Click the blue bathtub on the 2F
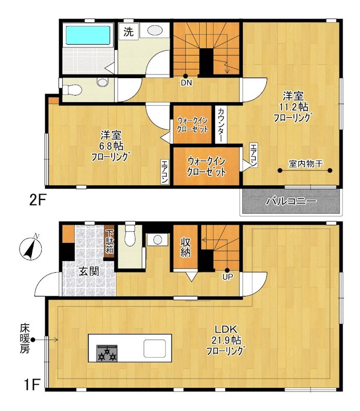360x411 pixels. (x=88, y=35)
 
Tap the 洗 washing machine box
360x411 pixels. (x=128, y=31)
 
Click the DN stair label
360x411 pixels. (x=186, y=83)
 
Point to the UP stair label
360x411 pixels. (x=227, y=276)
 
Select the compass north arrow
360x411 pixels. (x=31, y=247)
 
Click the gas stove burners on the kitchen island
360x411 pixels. (x=107, y=353)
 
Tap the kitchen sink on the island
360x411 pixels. (x=155, y=348)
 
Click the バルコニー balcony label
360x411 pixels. (x=291, y=201)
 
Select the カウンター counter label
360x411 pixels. (x=221, y=125)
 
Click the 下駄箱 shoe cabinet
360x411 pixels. (x=110, y=241)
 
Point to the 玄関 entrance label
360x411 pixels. (x=89, y=272)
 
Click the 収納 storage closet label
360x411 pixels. (x=186, y=247)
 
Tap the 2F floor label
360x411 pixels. (x=38, y=200)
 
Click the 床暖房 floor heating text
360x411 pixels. (x=25, y=339)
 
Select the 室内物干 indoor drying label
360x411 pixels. (x=305, y=164)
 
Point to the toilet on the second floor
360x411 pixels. (x=72, y=90)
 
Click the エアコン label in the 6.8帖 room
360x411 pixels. (x=165, y=172)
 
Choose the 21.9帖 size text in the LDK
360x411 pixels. (x=226, y=340)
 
